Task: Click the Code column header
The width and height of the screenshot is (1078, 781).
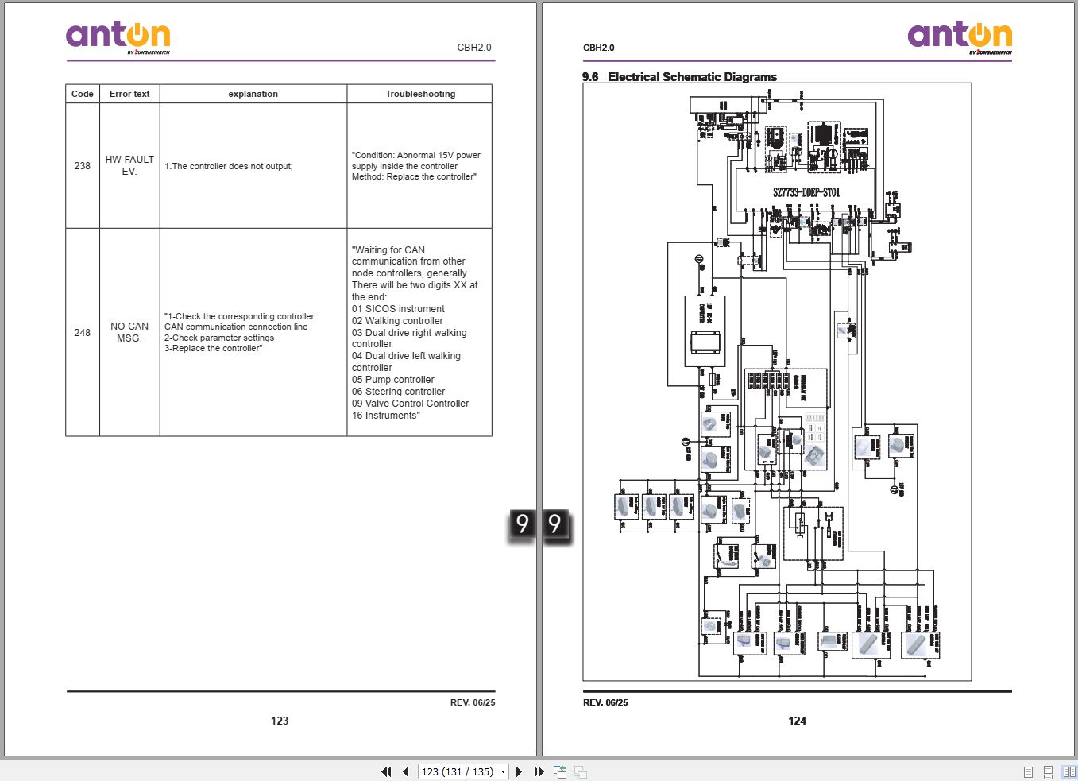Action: point(83,94)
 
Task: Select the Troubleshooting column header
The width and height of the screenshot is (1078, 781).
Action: point(420,94)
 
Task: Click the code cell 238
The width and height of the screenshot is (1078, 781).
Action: point(83,166)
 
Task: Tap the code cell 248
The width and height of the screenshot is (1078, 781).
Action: point(83,333)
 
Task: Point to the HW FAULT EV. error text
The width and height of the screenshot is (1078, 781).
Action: point(129,165)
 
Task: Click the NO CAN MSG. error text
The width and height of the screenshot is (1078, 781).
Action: point(129,332)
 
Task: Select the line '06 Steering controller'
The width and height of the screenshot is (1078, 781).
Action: point(398,392)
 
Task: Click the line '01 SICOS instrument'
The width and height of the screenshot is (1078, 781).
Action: point(398,309)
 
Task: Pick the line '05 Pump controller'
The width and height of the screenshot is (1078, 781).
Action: point(392,380)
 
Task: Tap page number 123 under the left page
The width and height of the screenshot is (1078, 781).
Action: point(280,721)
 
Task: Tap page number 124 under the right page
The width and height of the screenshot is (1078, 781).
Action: point(797,721)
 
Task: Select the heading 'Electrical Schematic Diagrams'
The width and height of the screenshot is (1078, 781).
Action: point(692,77)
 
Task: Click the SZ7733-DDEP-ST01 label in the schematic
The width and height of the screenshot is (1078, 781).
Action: point(806,192)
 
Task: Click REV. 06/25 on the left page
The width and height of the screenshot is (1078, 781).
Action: point(472,702)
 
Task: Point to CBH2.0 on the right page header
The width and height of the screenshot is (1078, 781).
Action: point(599,48)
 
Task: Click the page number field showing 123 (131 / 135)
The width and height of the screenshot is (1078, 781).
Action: point(458,771)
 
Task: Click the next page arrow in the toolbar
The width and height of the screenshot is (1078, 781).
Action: point(520,771)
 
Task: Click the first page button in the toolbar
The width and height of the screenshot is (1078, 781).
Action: point(386,771)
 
